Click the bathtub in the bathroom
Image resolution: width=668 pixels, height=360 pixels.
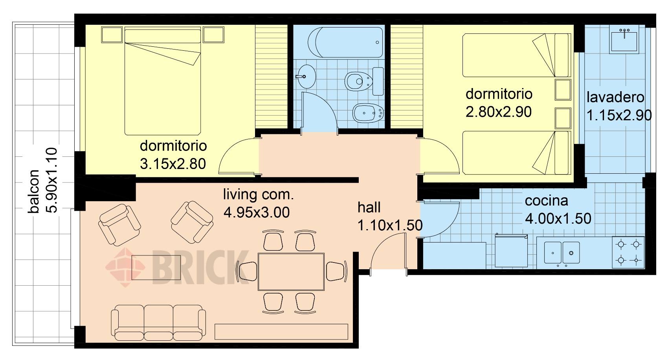345,42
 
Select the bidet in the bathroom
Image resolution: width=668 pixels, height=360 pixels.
368,113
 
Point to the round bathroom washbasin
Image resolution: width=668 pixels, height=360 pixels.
306,77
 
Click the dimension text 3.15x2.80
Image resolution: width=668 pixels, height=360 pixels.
173,164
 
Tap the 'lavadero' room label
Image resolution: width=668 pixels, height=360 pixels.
615,97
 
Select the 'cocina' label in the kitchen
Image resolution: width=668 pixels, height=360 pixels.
546,201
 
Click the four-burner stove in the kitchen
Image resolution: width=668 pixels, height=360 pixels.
628,252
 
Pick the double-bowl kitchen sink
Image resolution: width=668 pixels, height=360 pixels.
562,253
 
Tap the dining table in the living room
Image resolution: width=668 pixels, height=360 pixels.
291,272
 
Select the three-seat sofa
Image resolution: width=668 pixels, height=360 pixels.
158,322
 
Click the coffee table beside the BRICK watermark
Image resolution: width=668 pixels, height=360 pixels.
156,268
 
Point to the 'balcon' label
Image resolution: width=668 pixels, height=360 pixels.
33,191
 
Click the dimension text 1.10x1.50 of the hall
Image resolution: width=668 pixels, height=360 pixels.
390,226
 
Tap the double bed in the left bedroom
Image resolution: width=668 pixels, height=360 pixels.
163,81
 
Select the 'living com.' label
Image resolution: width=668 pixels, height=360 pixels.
259,195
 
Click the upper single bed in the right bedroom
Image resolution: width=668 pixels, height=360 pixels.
517,55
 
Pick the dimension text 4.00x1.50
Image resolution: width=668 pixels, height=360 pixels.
558,219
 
